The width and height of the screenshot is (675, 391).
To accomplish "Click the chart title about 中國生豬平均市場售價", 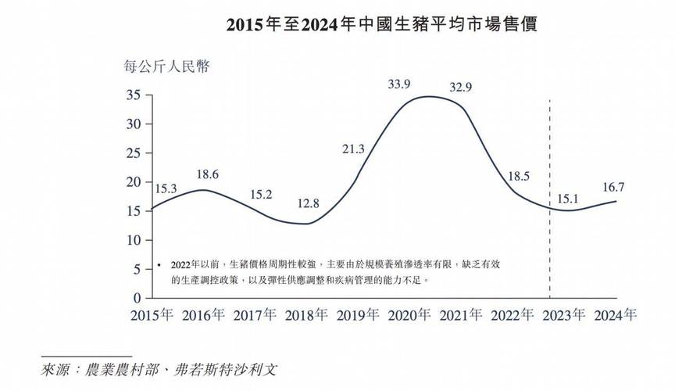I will coord(382,24).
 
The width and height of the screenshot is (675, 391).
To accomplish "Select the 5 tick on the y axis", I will coord(136,269).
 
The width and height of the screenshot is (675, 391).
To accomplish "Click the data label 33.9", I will coord(399,84).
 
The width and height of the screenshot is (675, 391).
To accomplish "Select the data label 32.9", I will coord(460,88).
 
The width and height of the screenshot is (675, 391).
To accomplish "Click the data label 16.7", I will coord(614,187).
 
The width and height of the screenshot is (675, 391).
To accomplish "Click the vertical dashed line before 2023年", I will coord(551,195).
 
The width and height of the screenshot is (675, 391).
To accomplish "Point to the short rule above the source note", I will coord(85,355).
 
